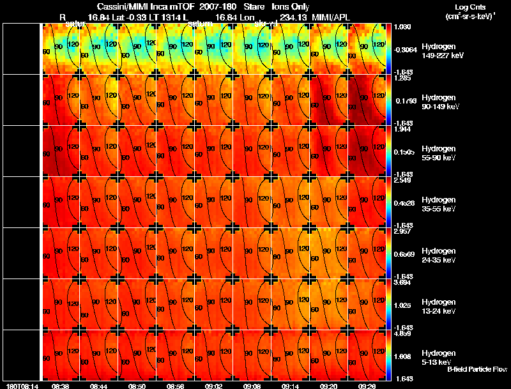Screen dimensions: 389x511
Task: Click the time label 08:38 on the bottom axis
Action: [61, 386]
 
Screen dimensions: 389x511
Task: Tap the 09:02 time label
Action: [214, 386]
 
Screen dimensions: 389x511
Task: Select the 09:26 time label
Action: [367, 386]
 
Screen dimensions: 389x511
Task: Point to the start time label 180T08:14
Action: [21, 386]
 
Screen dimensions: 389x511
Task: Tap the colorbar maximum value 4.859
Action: [403, 334]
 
